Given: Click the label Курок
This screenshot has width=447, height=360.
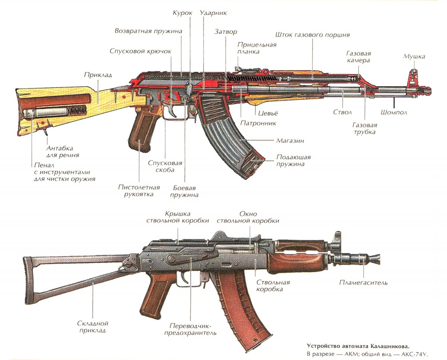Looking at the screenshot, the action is pos(183,13).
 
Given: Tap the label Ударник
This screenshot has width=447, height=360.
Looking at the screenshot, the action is pos(213,13).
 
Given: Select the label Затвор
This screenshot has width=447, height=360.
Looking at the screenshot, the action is pos(226,32).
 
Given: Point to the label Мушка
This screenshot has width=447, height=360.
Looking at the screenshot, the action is pos(414,57).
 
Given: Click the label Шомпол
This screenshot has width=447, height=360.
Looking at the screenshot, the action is pos(394,112).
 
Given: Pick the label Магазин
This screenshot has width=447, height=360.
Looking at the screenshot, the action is pos(290,141).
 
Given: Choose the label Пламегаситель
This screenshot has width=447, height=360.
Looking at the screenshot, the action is pos(363,283).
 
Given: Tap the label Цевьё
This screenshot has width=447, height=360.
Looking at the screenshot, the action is pos(268,113).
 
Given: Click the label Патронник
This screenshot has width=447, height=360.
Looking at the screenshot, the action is pos(258,123).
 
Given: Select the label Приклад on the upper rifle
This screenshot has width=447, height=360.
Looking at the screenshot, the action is pos(98,75).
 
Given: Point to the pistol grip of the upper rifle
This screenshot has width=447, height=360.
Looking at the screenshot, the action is pos(142,131).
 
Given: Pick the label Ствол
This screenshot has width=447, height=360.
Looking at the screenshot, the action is pos(342,112).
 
